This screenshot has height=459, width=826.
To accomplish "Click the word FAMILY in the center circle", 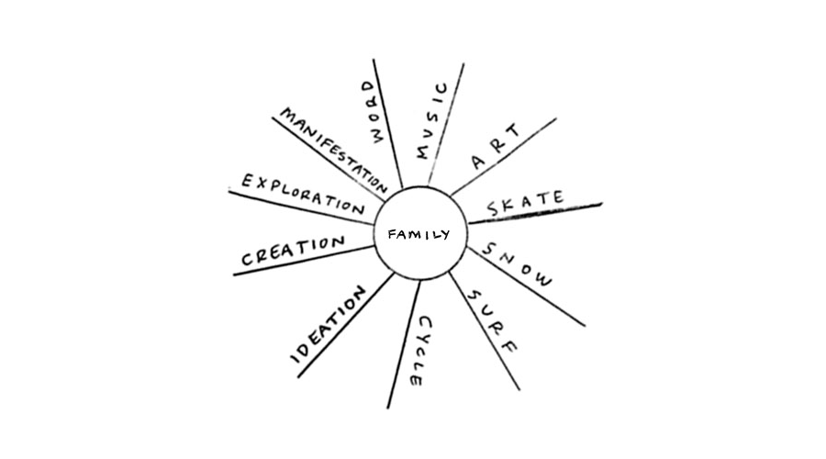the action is coord(419,235).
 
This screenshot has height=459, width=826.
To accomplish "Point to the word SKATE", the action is coord(525,203).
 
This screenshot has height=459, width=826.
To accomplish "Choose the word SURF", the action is coord(492,322).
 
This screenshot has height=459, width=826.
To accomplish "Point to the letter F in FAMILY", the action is coord(392,235).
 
